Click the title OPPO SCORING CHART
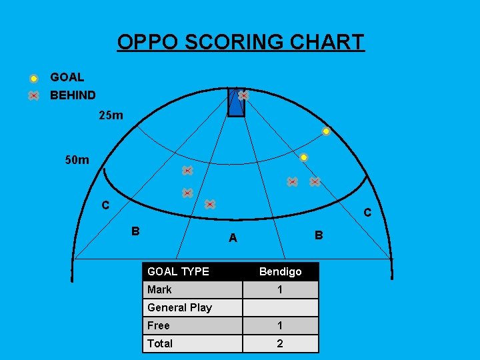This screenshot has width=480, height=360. point(241,42)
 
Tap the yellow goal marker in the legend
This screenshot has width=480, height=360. point(33,79)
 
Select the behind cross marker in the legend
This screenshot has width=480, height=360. point(33,95)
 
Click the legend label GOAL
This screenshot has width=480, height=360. point(67,78)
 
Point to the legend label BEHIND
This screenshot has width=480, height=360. point(73,95)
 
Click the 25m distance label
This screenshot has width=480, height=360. point(111,116)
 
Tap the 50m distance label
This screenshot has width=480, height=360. point(77,160)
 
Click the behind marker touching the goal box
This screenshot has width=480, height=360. point(243,95)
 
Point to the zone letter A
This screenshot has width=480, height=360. point(233,238)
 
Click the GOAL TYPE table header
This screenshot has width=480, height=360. point(178,271)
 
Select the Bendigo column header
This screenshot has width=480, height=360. point(280,271)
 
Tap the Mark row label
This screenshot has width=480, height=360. point(159,289)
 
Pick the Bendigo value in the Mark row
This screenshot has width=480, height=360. point(280,289)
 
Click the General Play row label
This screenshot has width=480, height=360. point(179,307)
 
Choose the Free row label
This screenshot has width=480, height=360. point(159,325)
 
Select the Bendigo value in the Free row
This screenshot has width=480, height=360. point(280,325)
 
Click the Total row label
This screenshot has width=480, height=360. point(160,343)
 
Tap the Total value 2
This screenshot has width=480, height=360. point(280,343)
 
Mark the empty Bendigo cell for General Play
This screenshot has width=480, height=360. point(280,307)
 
